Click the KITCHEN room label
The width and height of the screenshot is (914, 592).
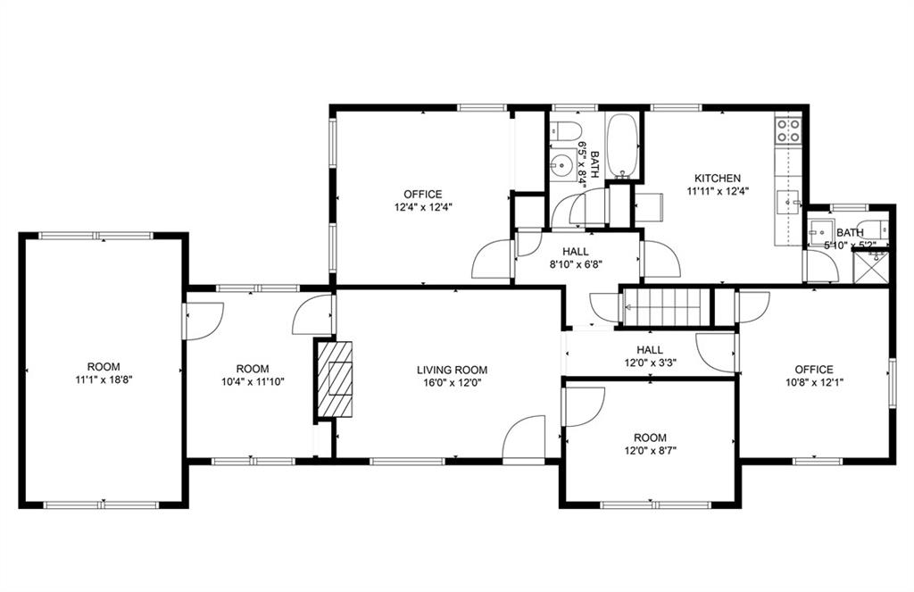pos(718,179)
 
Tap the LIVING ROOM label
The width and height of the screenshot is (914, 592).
pos(452,370)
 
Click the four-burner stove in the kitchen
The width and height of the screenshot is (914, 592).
pos(787,130)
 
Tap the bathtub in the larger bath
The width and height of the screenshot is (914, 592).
pos(622,146)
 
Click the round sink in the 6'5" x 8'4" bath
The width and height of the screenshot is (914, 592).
pos(562,166)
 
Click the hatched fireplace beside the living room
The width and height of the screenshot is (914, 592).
pos(335,379)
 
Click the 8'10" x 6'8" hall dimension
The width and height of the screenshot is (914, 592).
pos(575,263)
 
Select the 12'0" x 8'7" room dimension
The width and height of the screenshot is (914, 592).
pos(650,450)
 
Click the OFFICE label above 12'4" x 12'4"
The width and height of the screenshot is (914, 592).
pos(422,195)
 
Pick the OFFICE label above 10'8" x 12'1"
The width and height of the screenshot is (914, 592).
pos(814,370)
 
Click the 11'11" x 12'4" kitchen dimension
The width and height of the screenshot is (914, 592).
pos(718,191)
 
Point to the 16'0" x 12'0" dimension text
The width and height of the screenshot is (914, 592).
pos(452,383)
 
